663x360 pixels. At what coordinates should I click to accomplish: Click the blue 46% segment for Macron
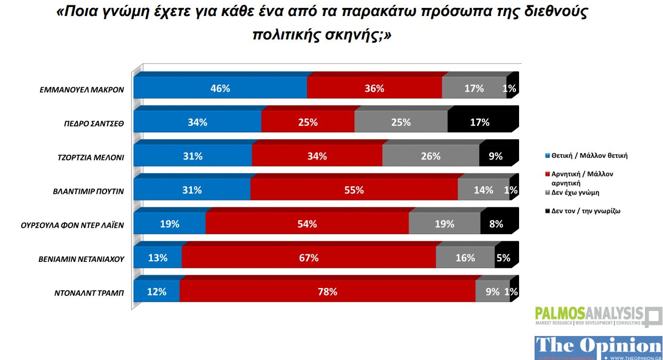pos(220,89)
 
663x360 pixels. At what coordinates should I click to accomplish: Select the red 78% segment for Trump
pos(327,292)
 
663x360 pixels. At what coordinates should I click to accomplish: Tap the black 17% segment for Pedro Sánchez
pos(480,122)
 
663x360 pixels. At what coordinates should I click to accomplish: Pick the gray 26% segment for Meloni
pos(430,156)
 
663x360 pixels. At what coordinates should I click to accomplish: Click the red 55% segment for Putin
pos(353,190)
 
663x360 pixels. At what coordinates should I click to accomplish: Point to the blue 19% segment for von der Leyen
pos(169,224)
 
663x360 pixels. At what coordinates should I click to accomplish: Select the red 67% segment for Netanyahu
pos(309,258)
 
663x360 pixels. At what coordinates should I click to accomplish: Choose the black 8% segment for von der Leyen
pos(496,224)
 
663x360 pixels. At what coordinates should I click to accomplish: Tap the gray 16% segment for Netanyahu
pos(465,258)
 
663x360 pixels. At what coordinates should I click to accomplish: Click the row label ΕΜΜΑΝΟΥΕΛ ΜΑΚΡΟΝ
pos(82,89)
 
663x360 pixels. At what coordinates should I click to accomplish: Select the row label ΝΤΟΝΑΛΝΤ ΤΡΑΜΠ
pos(89,293)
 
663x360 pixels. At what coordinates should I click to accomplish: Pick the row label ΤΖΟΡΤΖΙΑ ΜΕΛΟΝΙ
pos(91,157)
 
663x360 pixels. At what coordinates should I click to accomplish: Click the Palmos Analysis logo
pos(597,316)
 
